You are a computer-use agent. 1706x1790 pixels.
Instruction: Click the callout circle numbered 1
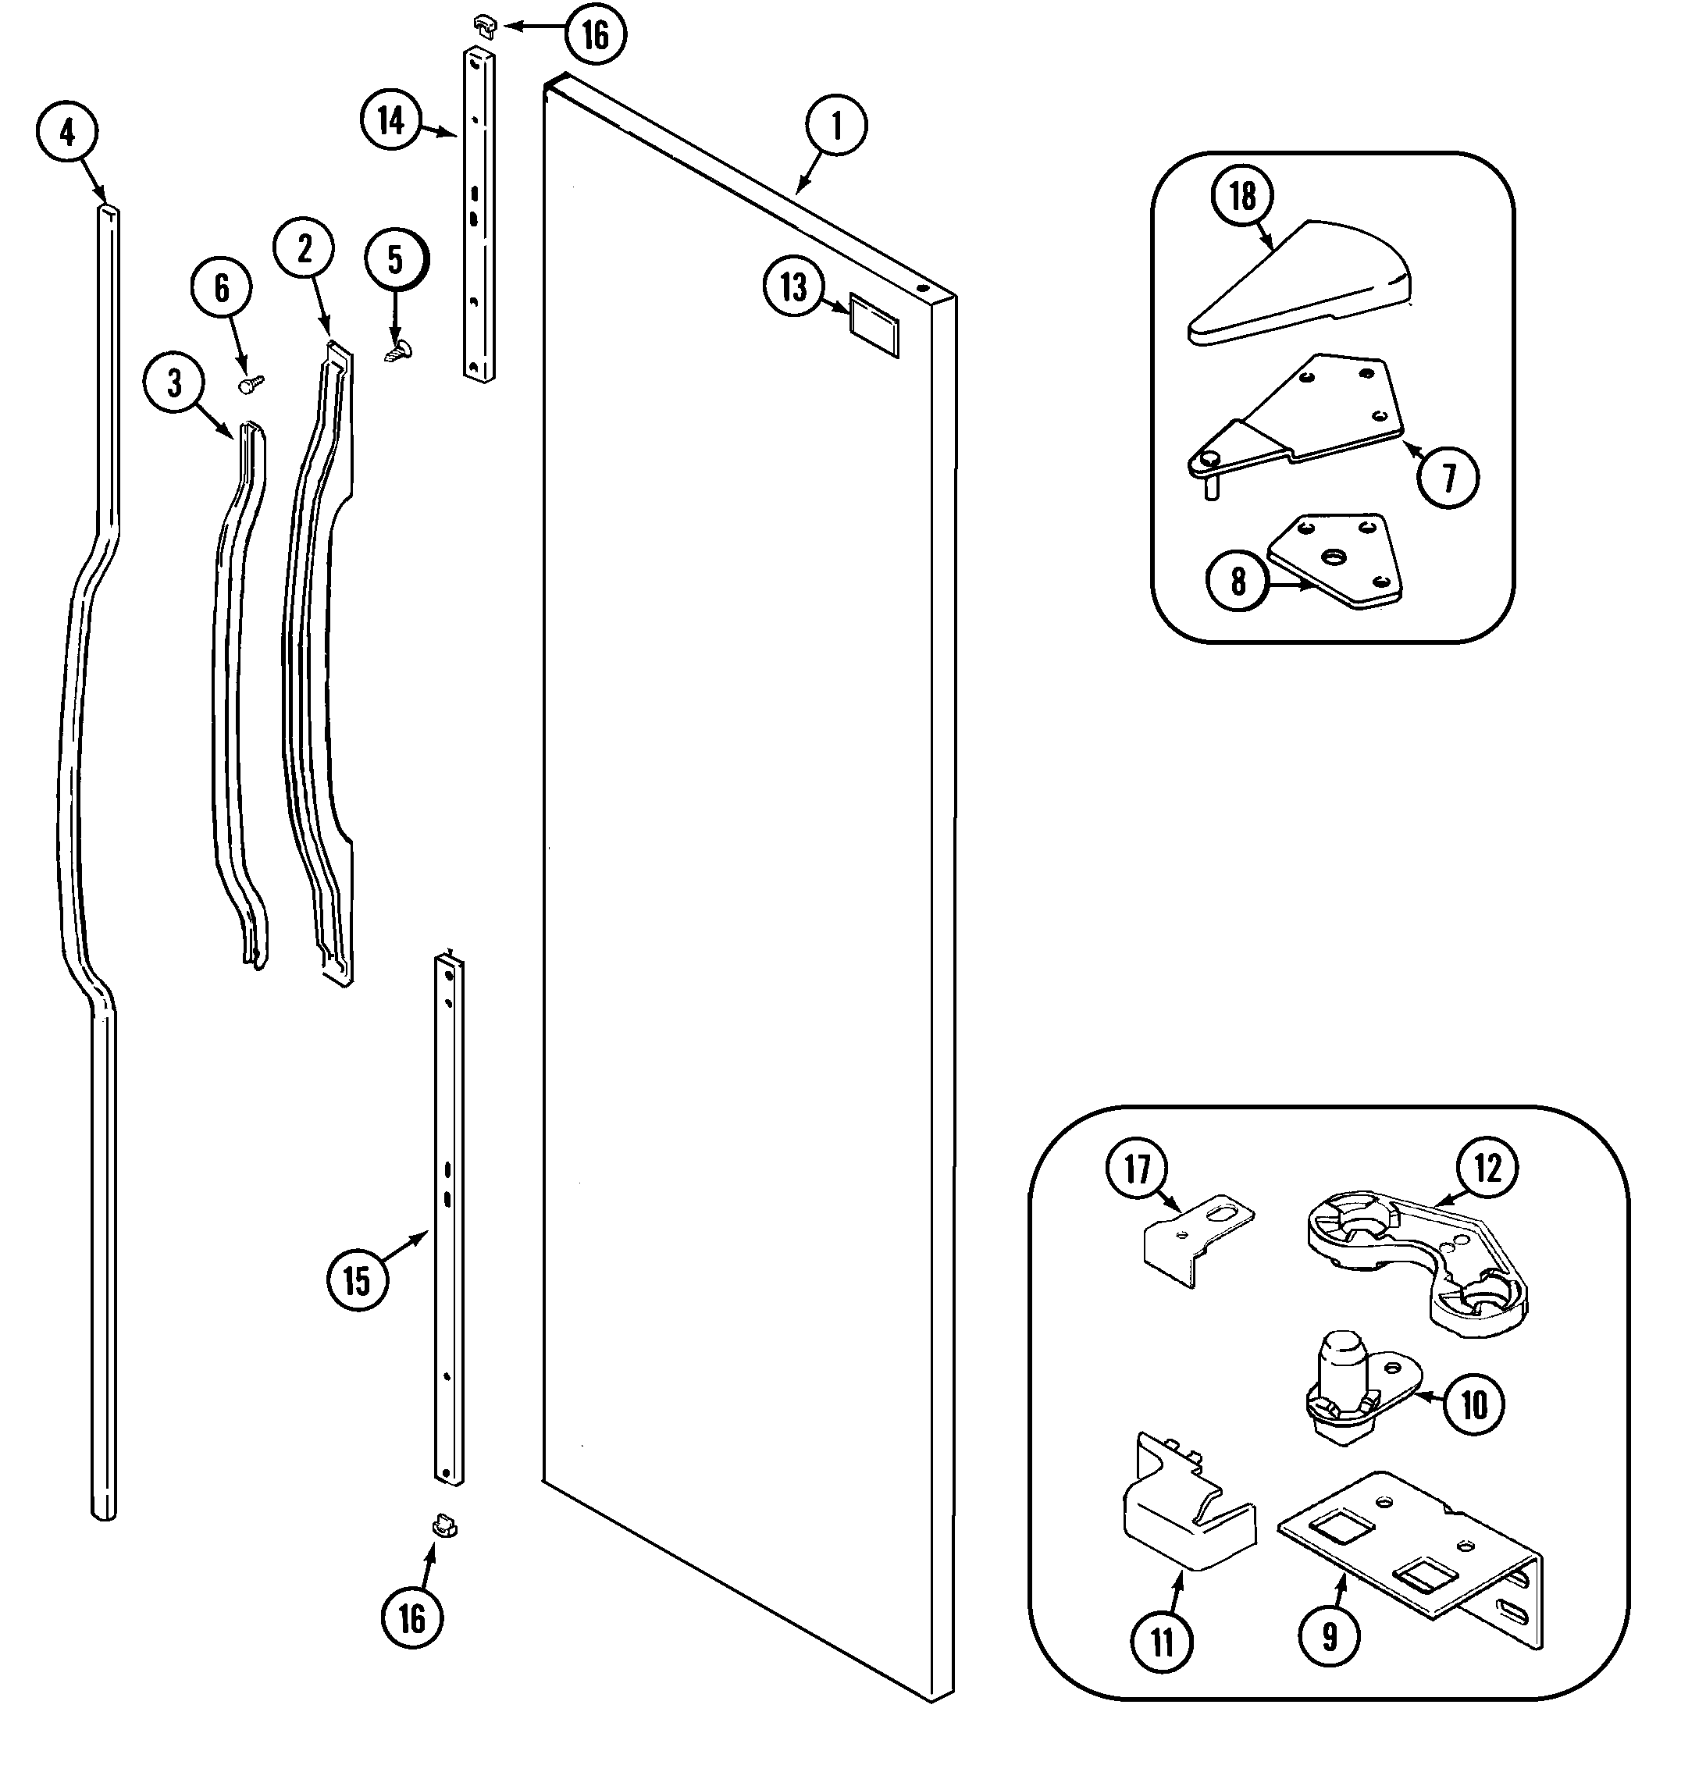tap(835, 126)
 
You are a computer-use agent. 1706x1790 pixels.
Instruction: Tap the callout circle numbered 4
tap(67, 133)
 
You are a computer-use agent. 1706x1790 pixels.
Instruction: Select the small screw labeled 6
tap(250, 385)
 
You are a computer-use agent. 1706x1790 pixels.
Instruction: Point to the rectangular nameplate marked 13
tap(874, 324)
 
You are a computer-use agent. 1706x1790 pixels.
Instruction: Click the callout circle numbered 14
tap(391, 120)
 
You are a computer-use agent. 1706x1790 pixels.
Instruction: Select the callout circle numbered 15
tap(358, 1281)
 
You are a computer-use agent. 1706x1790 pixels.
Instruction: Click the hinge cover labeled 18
tap(1301, 283)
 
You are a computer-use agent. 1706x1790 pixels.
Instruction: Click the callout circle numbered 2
tap(304, 248)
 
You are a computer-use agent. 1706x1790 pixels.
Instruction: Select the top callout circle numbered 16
tap(595, 35)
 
